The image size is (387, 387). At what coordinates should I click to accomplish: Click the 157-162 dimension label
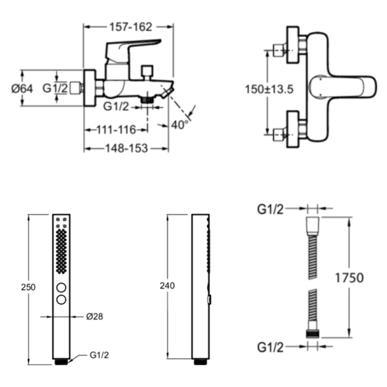[131, 27]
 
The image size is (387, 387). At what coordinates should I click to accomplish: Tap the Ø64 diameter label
[22, 88]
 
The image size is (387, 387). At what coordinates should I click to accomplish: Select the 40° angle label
[180, 125]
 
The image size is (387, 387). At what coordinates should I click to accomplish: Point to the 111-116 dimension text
[116, 130]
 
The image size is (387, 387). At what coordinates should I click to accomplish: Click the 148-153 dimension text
[127, 148]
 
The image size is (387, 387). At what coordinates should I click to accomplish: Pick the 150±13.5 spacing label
[269, 89]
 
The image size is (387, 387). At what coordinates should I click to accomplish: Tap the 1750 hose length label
[349, 278]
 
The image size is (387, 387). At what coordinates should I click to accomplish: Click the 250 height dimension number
[28, 287]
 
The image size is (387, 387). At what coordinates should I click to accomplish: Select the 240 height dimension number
[167, 286]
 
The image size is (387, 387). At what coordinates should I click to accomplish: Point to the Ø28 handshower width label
[94, 317]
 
